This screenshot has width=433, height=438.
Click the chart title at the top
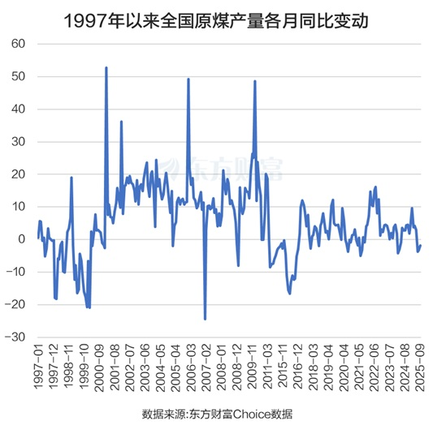point(215,19)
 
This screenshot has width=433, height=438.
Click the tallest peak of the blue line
point(106,67)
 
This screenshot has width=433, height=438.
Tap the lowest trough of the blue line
point(205,319)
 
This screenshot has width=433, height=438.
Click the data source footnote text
point(216,414)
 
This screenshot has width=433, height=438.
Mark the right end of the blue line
point(421,246)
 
